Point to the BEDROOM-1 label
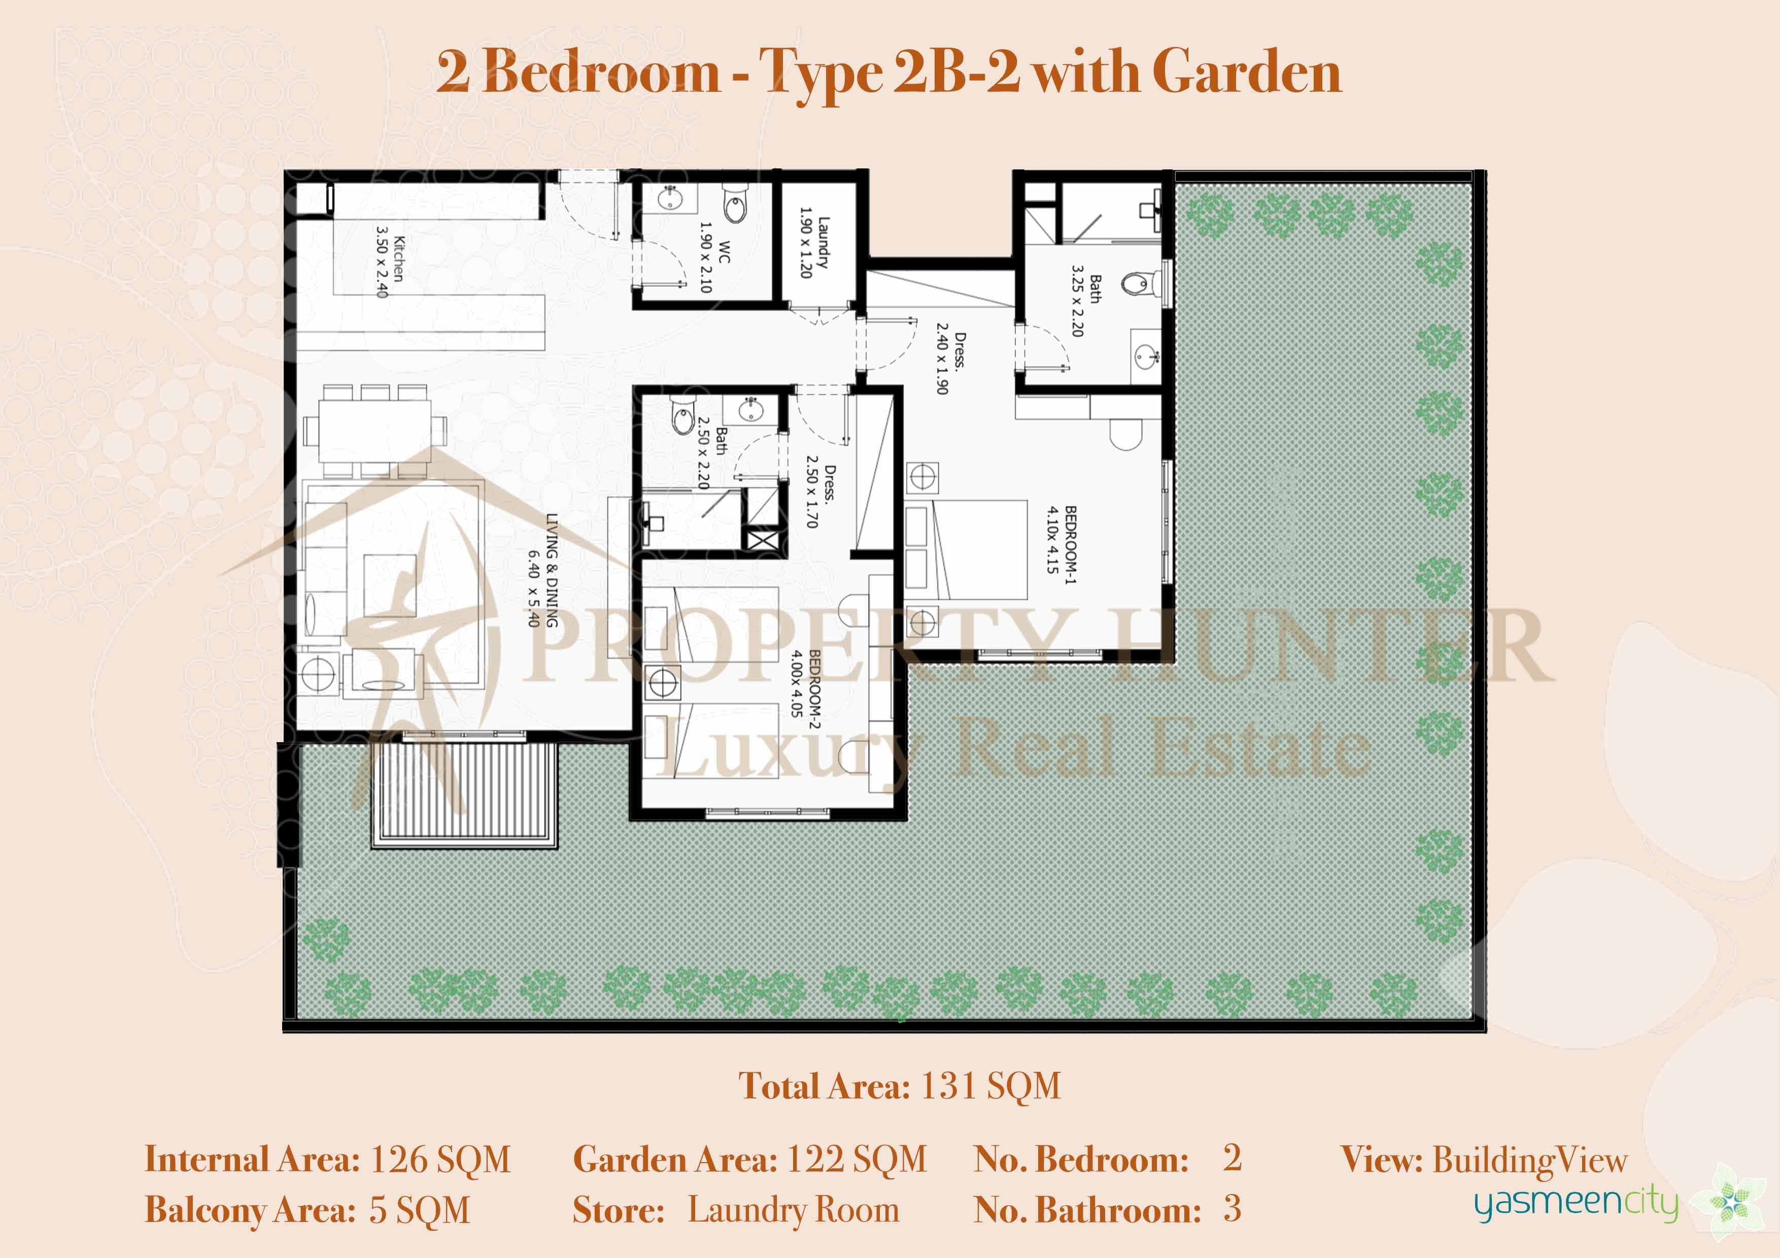click(x=1062, y=540)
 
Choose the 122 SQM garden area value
click(x=857, y=1160)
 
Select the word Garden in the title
click(x=1247, y=72)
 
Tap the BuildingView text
click(x=1529, y=1160)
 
